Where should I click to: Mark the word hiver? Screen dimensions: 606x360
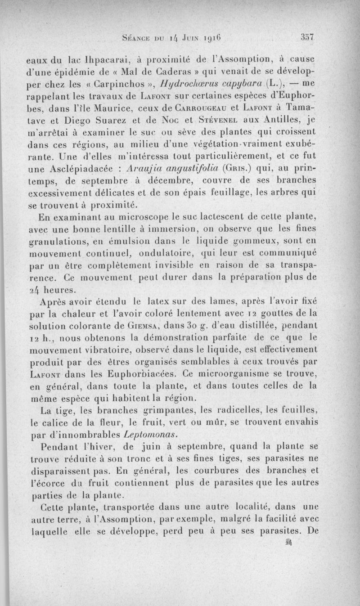[95, 447]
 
